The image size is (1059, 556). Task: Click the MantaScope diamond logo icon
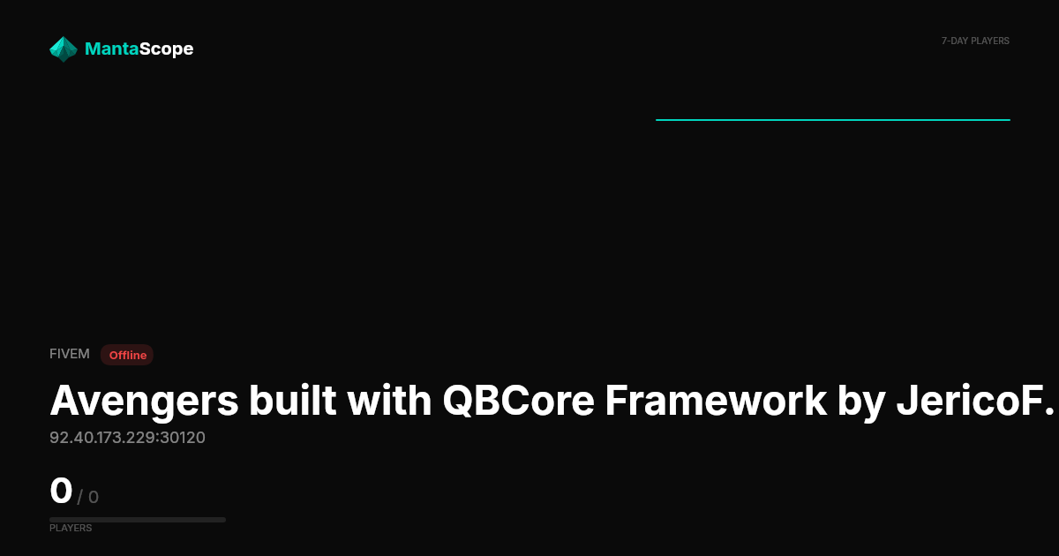pyautogui.click(x=64, y=49)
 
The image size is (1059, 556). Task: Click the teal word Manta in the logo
pyautogui.click(x=111, y=49)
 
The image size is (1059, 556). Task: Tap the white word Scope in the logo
pyautogui.click(x=167, y=49)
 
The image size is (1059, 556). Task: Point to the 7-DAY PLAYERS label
pyautogui.click(x=975, y=41)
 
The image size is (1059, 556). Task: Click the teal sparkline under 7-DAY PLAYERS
pyautogui.click(x=833, y=120)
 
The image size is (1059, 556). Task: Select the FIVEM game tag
pyautogui.click(x=70, y=354)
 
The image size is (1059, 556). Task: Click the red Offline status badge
pyautogui.click(x=127, y=355)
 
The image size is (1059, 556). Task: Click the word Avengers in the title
pyautogui.click(x=144, y=402)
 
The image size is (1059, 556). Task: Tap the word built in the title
pyautogui.click(x=293, y=401)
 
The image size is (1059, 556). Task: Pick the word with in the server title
pyautogui.click(x=389, y=401)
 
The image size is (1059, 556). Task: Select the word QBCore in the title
pyautogui.click(x=518, y=401)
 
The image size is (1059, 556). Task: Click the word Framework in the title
pyautogui.click(x=717, y=401)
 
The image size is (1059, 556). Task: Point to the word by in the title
pyautogui.click(x=861, y=402)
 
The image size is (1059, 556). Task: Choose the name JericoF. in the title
pyautogui.click(x=975, y=401)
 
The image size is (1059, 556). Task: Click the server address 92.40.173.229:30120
pyautogui.click(x=127, y=438)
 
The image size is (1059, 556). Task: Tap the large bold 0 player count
pyautogui.click(x=61, y=491)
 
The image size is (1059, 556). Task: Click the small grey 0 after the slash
pyautogui.click(x=94, y=498)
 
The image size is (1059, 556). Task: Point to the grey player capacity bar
pyautogui.click(x=138, y=520)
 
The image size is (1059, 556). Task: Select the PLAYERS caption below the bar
pyautogui.click(x=71, y=528)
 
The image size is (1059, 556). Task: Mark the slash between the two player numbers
pyautogui.click(x=80, y=498)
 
